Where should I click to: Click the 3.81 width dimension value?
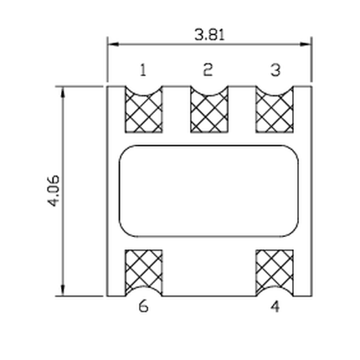(209, 35)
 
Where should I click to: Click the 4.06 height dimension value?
(55, 192)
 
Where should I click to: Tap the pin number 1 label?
(142, 70)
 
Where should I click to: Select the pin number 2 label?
(208, 70)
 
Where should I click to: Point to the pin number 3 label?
(275, 70)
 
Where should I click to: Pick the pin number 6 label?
(143, 306)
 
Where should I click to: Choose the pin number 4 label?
(275, 306)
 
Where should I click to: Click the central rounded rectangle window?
(208, 192)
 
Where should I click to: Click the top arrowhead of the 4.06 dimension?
(64, 91)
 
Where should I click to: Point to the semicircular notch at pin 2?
(208, 91)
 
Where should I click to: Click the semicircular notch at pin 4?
(275, 291)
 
